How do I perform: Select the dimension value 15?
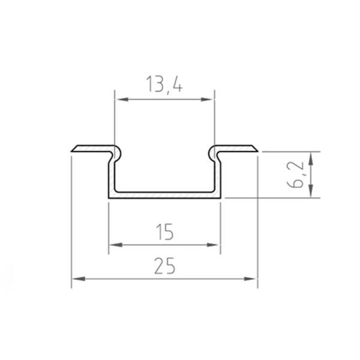pyautogui.click(x=164, y=230)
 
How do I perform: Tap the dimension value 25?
pyautogui.click(x=164, y=265)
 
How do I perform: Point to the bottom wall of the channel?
pyautogui.click(x=164, y=196)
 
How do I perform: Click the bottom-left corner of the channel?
pyautogui.click(x=109, y=197)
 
